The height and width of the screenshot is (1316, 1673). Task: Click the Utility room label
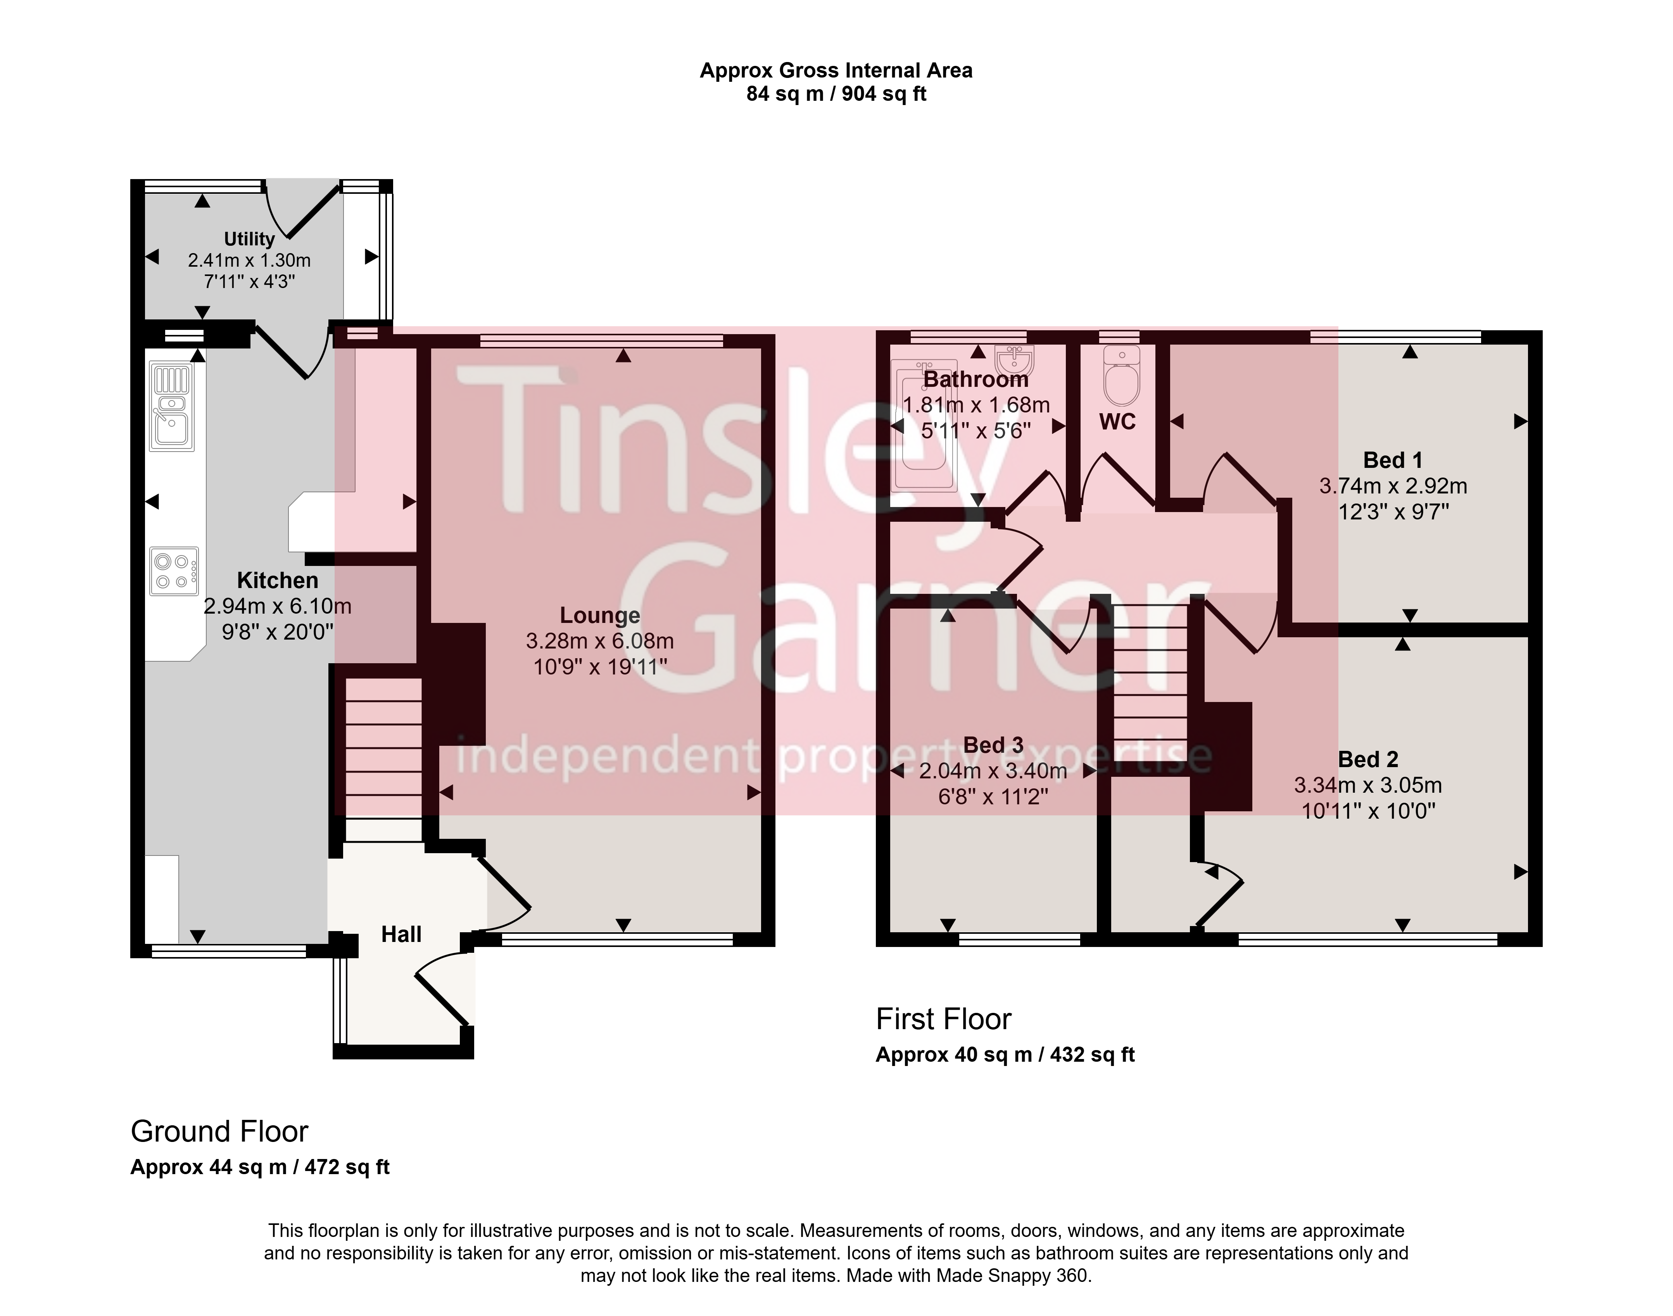pos(249,239)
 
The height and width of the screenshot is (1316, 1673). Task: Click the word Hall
pos(402,935)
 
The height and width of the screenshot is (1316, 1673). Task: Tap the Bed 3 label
pos(993,745)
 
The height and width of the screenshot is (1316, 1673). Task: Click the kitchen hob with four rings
pos(173,571)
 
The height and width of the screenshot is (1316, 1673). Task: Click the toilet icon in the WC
pos(1121,375)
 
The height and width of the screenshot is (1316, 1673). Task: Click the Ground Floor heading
pos(219,1132)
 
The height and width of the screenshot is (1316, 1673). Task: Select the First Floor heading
pos(943,1019)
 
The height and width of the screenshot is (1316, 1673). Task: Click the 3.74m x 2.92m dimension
pos(1393,486)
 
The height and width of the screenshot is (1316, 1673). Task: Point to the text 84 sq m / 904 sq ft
pos(836,94)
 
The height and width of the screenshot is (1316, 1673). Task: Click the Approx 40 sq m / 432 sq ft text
pos(1005,1055)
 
